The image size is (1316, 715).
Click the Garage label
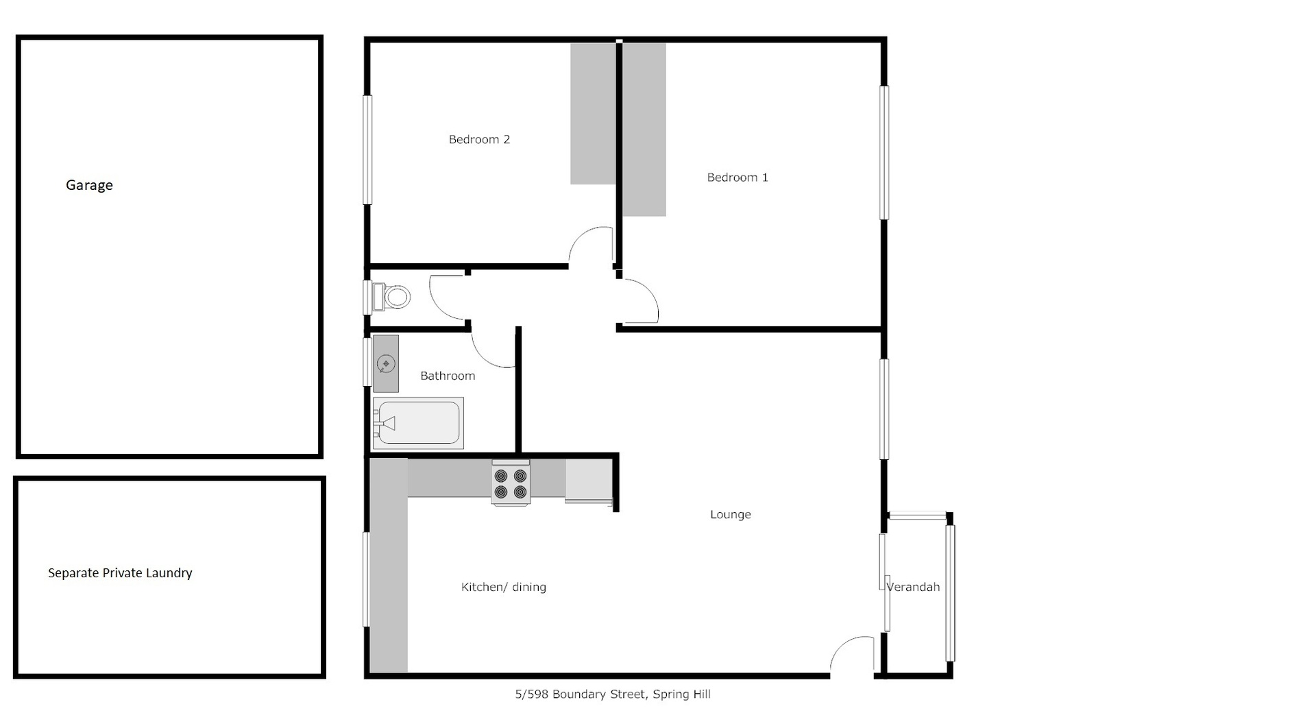(x=89, y=185)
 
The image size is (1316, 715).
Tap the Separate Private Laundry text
(x=120, y=573)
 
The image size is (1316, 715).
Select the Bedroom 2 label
(x=479, y=139)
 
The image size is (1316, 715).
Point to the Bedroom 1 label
(x=738, y=177)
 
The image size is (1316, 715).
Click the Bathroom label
(x=448, y=376)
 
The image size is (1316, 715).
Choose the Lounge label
(x=731, y=515)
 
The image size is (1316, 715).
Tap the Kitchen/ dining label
(x=504, y=587)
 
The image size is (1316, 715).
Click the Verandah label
(x=913, y=587)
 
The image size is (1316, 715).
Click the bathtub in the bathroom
(x=418, y=423)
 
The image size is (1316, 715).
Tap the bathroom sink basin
(x=386, y=364)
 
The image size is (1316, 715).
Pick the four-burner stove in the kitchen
(x=511, y=483)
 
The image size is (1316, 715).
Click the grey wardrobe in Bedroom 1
(x=644, y=130)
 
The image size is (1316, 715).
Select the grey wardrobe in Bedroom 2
(x=593, y=114)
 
